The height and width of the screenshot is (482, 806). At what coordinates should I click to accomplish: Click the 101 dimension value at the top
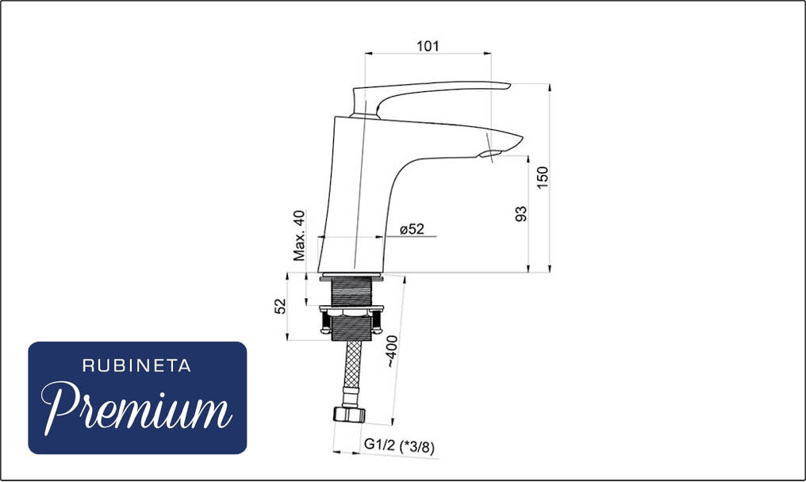(x=428, y=46)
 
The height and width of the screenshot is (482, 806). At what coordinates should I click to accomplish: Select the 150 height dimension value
(x=543, y=178)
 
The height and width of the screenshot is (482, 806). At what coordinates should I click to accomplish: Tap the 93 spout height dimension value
(x=521, y=214)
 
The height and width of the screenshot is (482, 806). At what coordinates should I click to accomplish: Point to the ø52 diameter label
(x=413, y=229)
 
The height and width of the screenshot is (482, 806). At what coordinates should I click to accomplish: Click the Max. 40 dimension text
(x=299, y=235)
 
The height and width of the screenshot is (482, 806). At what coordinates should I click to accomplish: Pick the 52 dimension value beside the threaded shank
(x=280, y=306)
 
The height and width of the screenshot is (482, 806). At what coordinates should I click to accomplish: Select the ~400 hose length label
(x=392, y=351)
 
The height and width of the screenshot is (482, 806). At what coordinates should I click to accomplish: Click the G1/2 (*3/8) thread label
(x=399, y=446)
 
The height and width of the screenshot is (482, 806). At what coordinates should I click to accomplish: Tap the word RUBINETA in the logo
(x=136, y=366)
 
